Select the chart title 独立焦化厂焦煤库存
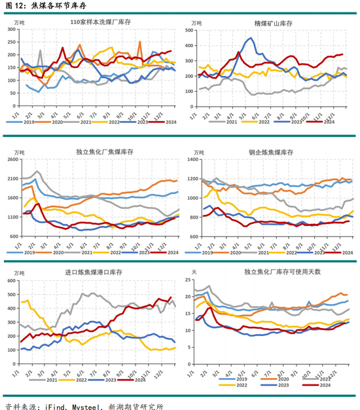(x=101, y=153)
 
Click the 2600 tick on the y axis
(x=11, y=160)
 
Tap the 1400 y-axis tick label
(x=192, y=160)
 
